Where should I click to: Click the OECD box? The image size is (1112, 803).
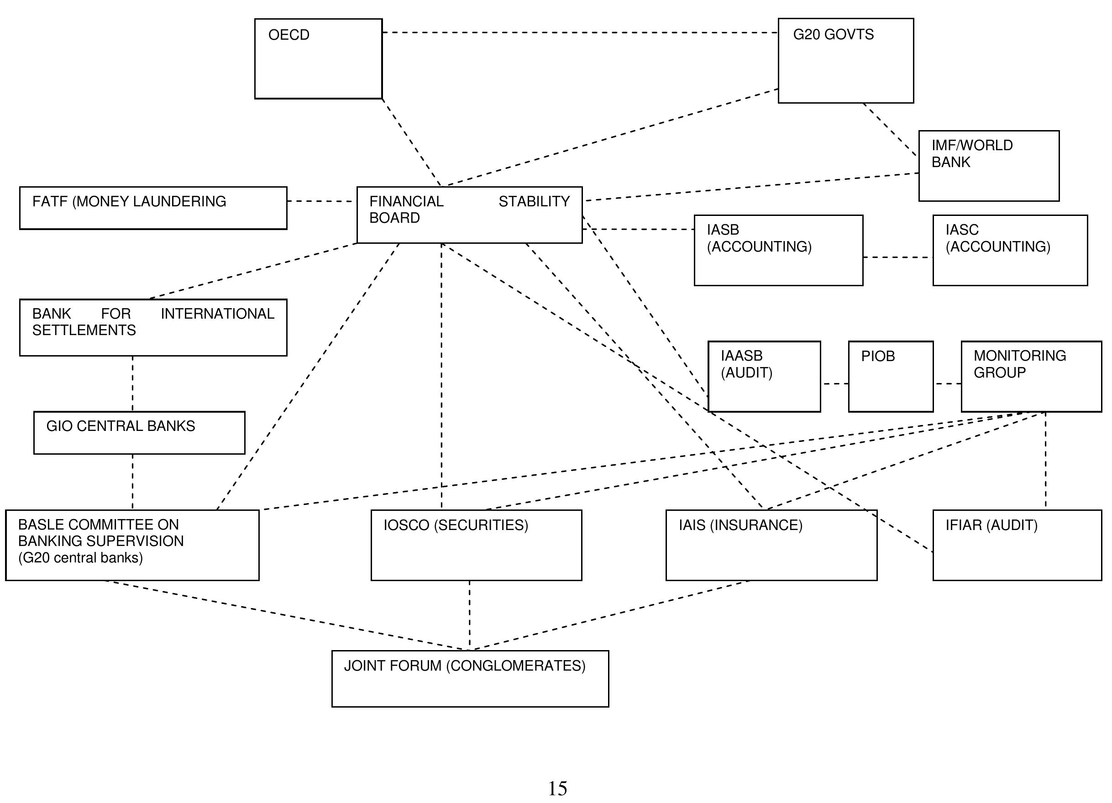[x=318, y=59]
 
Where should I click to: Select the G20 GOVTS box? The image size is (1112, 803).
[x=846, y=61]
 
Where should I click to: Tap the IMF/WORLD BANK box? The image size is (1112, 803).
[x=988, y=166]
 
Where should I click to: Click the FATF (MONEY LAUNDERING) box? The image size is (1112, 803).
[x=153, y=208]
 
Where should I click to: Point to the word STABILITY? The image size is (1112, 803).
[x=534, y=201]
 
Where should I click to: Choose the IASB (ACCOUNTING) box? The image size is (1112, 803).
[x=778, y=250]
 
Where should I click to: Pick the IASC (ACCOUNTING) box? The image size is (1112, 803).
[x=1010, y=250]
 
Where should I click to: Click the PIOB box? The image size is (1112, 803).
[x=891, y=377]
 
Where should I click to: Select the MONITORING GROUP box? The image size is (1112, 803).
[x=1031, y=377]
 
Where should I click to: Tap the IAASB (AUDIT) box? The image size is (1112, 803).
[x=764, y=377]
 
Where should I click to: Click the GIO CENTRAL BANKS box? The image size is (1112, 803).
[x=139, y=432]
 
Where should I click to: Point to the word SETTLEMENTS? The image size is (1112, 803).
[x=84, y=331]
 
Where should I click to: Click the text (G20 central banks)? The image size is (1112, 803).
[x=80, y=558]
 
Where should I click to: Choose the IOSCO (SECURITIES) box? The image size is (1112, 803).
[x=476, y=545]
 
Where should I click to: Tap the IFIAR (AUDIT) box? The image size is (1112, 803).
[x=1017, y=545]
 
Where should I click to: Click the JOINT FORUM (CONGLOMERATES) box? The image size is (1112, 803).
[x=470, y=678]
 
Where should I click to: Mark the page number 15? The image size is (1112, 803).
[x=557, y=789]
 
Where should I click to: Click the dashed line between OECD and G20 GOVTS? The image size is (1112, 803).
[x=578, y=32]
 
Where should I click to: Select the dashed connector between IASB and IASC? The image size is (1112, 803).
[x=897, y=257]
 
